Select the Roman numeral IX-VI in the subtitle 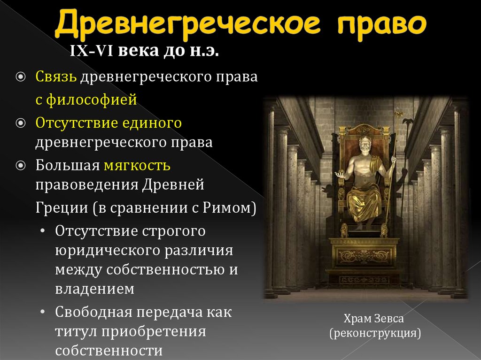point(91,51)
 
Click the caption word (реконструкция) point(374,334)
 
